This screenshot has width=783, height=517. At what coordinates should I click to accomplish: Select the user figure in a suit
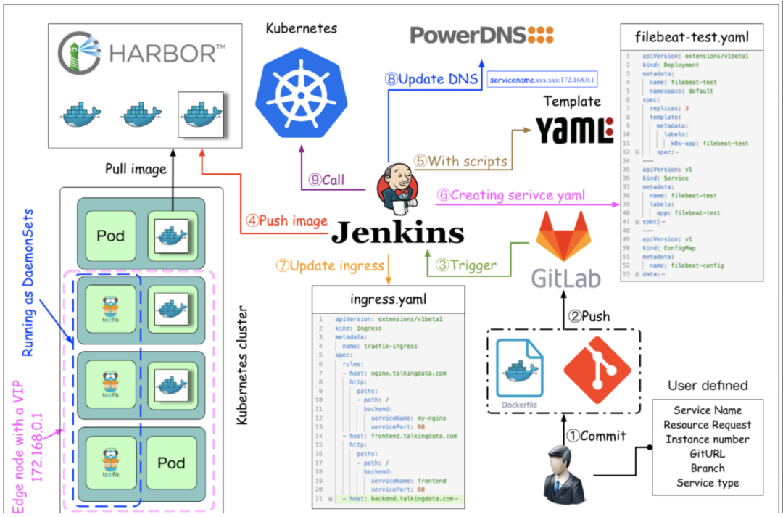pos(565,473)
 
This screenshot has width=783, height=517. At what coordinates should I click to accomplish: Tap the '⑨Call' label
pos(326,181)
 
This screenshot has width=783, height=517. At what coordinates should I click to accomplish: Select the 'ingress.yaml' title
pos(388,298)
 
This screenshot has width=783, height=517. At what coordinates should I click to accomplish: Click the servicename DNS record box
pos(542,78)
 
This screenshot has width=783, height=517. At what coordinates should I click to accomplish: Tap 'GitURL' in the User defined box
pos(707,454)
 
